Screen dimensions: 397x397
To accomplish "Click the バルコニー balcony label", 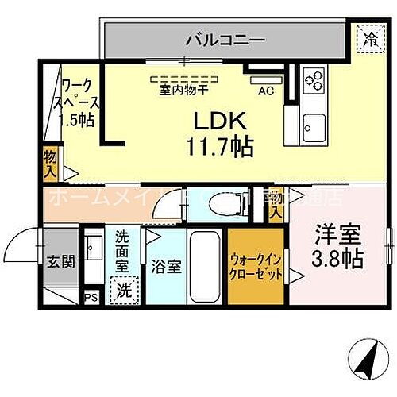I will point(225,38).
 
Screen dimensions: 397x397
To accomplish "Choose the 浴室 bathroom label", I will point(167,266).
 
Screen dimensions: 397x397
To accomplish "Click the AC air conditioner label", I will point(265,91).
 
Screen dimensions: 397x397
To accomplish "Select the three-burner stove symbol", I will point(314,80).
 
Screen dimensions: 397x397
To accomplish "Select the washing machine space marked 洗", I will point(123,290).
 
